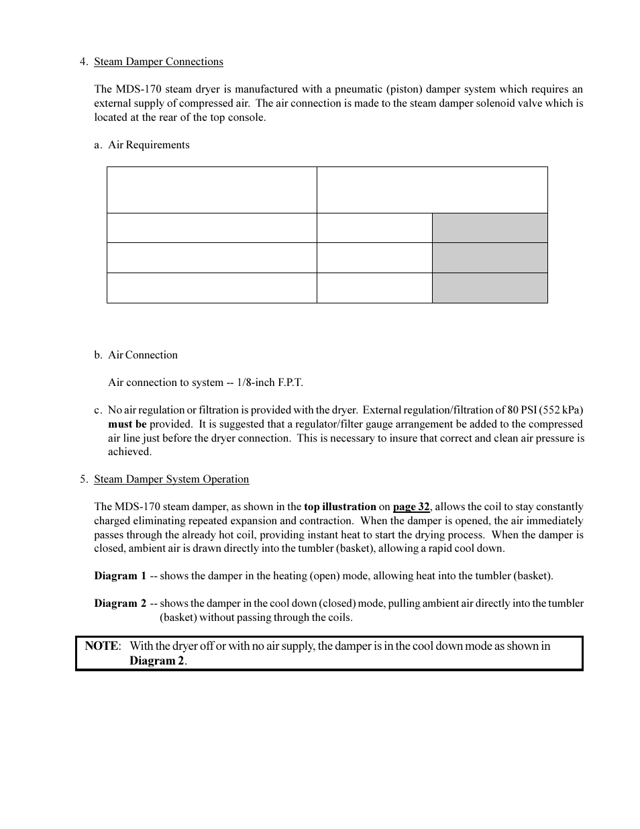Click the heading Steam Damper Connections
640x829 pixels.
(x=158, y=62)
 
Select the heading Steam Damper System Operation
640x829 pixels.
(x=171, y=479)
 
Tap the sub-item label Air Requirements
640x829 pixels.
(x=148, y=145)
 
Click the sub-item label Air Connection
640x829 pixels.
(x=142, y=355)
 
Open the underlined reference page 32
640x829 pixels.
(x=411, y=507)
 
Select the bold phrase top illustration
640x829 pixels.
(x=339, y=507)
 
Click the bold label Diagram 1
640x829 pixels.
(x=120, y=576)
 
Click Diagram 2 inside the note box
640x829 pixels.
(x=157, y=661)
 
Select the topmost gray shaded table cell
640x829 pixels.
(x=490, y=228)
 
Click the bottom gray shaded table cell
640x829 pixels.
(x=490, y=288)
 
